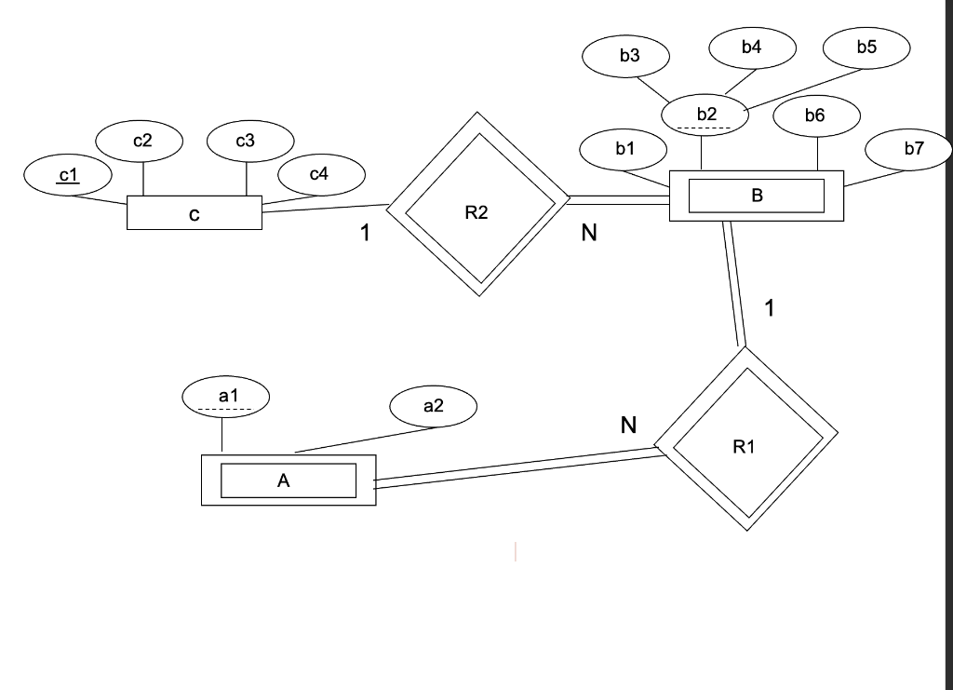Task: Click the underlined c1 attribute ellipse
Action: pos(68,175)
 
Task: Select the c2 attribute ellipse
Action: pos(141,142)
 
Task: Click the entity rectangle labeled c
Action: pos(195,214)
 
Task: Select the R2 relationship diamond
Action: pos(476,204)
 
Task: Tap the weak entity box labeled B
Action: pos(756,196)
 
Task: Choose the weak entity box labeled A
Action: pos(289,480)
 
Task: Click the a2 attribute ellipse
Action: pos(433,406)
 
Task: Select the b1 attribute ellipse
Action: pos(624,148)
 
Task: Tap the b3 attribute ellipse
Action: pos(629,56)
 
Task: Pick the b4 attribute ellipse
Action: pos(752,47)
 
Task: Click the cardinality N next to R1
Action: pos(629,426)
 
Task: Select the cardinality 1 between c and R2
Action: pos(367,234)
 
